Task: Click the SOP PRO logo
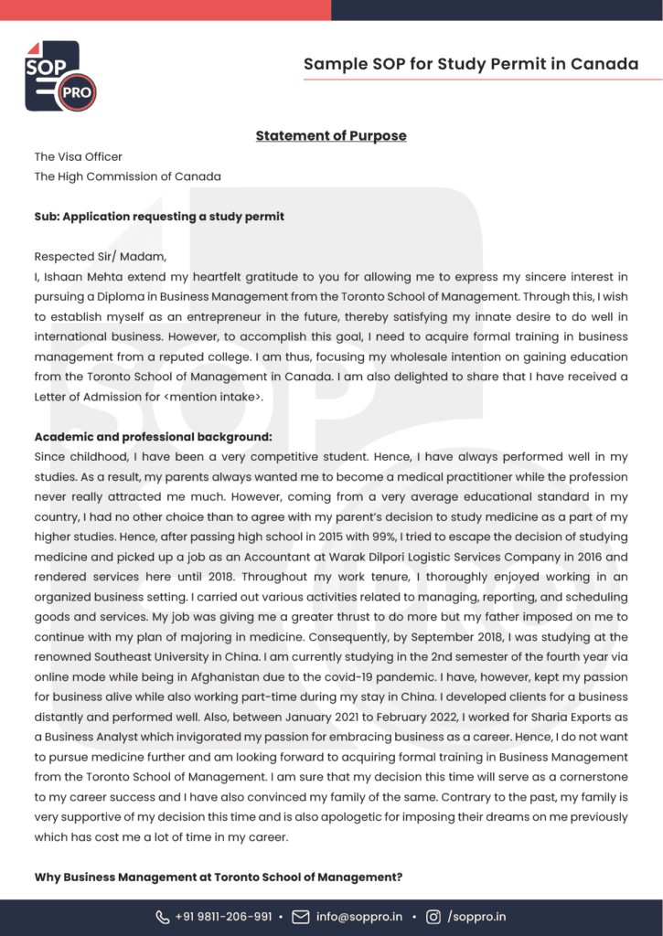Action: tap(59, 77)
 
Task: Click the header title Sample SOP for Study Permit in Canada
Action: tap(471, 64)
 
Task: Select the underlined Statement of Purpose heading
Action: tap(331, 136)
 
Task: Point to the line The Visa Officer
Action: tap(79, 157)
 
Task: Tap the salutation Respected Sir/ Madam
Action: tap(101, 257)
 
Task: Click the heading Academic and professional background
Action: tap(154, 437)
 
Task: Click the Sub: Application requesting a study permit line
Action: tap(159, 217)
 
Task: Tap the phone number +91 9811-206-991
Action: tap(224, 917)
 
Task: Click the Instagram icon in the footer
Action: tap(433, 917)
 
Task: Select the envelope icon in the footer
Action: tap(300, 917)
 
